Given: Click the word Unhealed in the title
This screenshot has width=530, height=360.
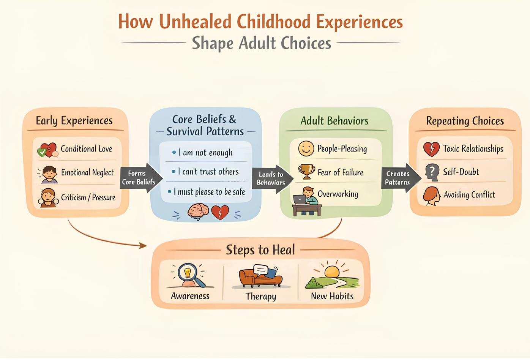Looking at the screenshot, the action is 196,21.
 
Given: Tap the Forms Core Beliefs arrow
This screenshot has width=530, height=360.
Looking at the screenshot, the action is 141,178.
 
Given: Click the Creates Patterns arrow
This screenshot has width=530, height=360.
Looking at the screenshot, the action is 401,178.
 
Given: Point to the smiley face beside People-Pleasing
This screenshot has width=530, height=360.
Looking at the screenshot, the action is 306,148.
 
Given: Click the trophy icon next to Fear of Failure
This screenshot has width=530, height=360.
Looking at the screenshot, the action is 307,172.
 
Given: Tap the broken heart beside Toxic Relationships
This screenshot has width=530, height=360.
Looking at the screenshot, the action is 431,149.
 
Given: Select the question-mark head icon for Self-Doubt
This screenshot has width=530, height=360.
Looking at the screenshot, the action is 432,172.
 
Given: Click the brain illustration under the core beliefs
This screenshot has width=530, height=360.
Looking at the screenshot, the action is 198,212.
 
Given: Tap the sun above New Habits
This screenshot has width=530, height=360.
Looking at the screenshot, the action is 332,272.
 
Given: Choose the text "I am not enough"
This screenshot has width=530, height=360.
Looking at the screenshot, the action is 205,153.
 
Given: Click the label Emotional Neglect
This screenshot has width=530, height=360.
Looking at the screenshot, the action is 87,172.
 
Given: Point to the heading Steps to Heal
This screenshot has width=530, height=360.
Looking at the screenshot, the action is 260,250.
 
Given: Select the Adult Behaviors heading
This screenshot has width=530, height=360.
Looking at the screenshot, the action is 334,121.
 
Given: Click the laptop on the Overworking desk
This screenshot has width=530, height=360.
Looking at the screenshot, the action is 300,199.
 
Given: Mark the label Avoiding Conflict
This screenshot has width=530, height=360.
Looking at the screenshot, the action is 469,195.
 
